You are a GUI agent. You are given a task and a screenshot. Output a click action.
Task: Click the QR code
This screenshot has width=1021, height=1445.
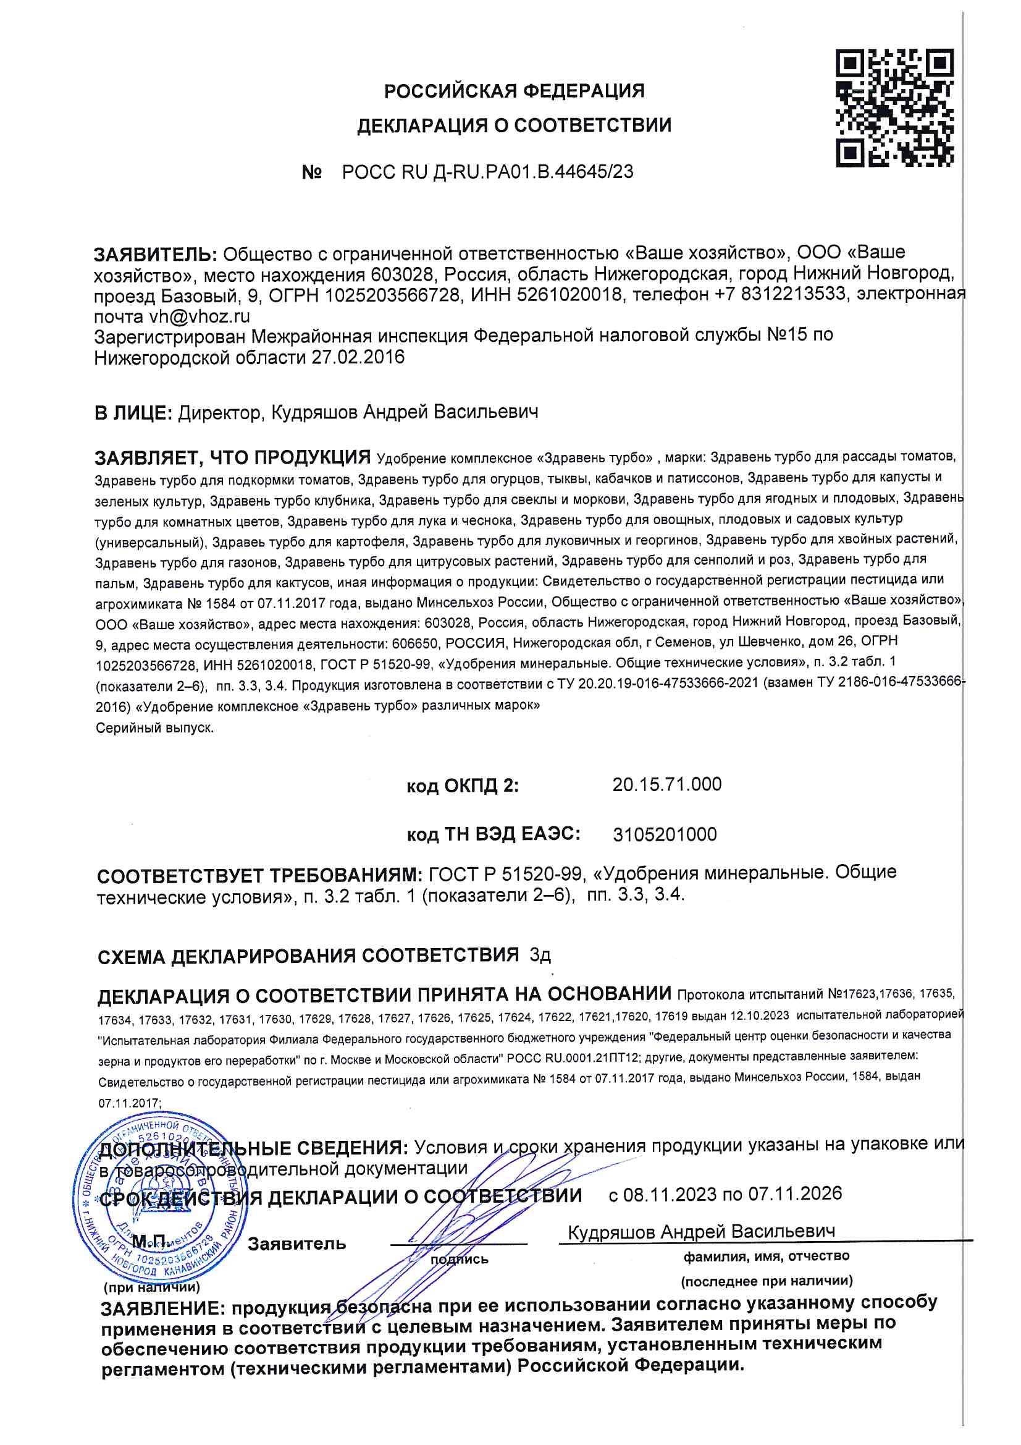tap(894, 108)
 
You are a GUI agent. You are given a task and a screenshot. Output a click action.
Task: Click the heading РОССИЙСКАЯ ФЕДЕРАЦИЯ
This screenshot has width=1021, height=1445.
tap(514, 91)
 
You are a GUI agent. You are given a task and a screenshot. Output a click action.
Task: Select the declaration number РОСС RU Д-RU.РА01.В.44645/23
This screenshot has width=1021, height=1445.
tap(487, 172)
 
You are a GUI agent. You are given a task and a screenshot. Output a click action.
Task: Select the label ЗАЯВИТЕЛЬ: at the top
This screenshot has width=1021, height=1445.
tap(156, 254)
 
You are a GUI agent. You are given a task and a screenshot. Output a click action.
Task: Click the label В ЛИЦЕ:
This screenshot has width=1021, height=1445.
tap(133, 413)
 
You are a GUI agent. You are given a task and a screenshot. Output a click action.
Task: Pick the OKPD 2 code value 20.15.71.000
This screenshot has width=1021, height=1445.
tap(667, 784)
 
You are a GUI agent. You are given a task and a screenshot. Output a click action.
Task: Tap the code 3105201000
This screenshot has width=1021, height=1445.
tap(665, 834)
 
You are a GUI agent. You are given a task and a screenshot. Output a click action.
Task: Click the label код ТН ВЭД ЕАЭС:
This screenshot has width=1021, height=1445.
tap(493, 834)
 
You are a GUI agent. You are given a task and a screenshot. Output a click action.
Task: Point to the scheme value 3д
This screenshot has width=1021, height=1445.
tap(540, 956)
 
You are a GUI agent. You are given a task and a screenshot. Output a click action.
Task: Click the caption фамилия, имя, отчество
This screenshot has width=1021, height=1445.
tap(767, 1256)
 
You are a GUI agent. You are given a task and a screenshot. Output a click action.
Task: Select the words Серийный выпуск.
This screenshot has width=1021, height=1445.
tap(155, 728)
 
